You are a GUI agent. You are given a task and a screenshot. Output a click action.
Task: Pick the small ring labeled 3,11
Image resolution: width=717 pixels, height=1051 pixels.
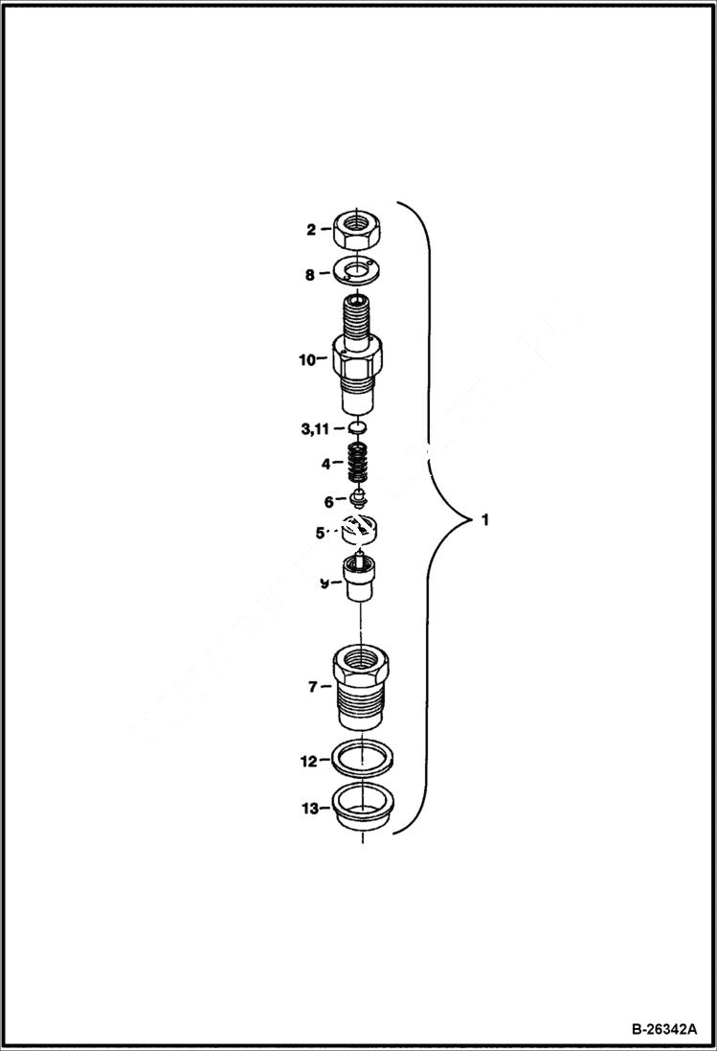(358, 426)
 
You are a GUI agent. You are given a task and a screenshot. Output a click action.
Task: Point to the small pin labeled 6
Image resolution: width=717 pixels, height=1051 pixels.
(358, 499)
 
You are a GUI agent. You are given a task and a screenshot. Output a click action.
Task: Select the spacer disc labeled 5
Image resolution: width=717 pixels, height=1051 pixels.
(360, 529)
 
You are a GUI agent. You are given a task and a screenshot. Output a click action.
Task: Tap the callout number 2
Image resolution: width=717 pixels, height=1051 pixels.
(311, 230)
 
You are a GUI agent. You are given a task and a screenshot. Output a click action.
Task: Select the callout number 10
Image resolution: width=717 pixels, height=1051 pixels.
(306, 360)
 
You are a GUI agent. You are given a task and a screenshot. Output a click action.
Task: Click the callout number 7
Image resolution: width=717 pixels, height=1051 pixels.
(311, 686)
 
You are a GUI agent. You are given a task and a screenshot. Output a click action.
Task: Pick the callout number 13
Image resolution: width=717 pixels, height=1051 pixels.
(308, 809)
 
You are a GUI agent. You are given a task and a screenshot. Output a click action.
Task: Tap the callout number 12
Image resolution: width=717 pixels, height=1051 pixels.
(308, 762)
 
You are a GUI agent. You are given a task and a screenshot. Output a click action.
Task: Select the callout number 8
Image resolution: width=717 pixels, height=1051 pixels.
(310, 274)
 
